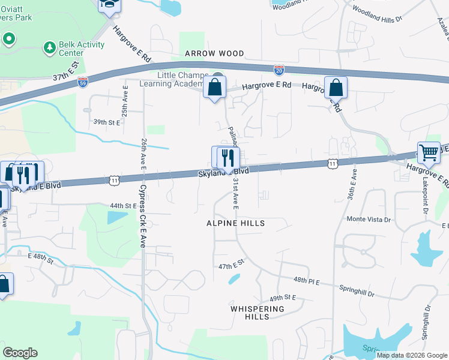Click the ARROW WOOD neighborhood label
(214, 53)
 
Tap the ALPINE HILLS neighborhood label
(236, 223)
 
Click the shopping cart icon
(429, 153)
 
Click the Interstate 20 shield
(279, 70)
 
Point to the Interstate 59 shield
(83, 80)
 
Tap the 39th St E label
(107, 122)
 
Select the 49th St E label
(283, 298)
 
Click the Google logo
(20, 353)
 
